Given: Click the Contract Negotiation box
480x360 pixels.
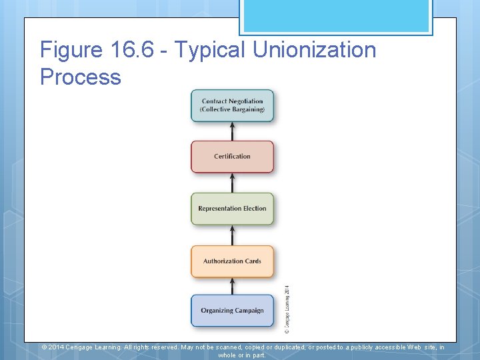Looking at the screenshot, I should tap(232, 105).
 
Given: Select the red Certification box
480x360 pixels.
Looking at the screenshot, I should tap(232, 157).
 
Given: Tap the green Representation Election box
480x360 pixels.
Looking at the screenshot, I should tap(232, 209).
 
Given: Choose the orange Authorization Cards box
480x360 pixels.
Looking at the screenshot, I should tap(232, 261).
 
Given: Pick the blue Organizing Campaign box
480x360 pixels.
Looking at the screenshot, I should tap(232, 311).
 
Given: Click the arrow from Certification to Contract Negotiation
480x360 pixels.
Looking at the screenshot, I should tap(232, 131).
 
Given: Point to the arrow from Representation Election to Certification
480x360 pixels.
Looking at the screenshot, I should tap(232, 183).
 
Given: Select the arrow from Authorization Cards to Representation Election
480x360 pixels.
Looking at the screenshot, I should tap(232, 235).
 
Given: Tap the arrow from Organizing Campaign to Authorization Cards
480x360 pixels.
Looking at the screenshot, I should tap(232, 287).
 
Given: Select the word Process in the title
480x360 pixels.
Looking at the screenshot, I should tap(81, 77).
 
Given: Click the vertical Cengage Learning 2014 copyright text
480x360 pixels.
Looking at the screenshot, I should tap(287, 309).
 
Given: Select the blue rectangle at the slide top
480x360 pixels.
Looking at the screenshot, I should tap(335, 17).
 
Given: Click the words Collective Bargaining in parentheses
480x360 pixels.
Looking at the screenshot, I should tap(233, 110).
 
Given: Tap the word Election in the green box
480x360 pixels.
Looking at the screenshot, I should tap(255, 209).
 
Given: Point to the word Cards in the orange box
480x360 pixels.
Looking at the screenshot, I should tap(253, 261).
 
